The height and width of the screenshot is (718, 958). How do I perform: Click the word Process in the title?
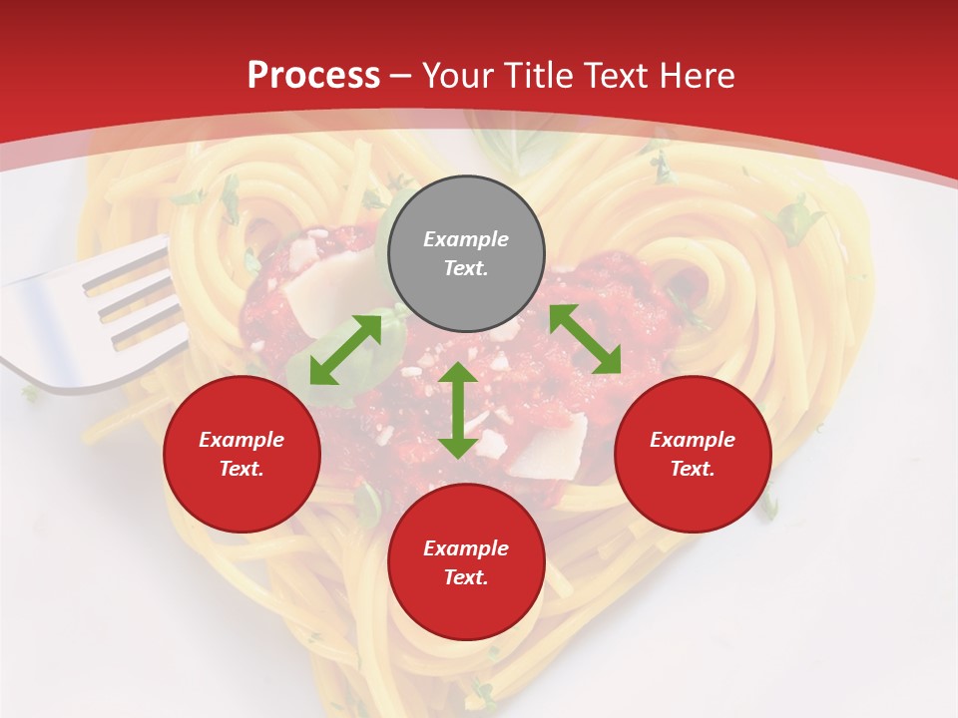click(313, 76)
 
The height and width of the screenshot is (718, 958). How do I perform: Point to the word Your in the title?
click(458, 76)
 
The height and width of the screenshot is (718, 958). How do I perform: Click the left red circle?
click(241, 454)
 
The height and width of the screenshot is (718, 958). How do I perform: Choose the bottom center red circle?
click(466, 561)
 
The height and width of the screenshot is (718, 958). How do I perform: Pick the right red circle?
click(693, 454)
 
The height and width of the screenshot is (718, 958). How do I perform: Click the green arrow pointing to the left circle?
click(345, 350)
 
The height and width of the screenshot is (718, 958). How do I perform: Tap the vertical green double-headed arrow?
click(458, 410)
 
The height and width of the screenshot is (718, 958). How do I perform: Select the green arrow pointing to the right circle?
click(585, 340)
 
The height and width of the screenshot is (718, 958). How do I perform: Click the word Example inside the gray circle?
click(466, 239)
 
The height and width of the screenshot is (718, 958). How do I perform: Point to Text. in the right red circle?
click(692, 469)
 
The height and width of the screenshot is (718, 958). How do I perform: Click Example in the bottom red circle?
click(466, 548)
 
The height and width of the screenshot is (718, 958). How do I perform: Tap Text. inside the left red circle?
click(241, 469)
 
